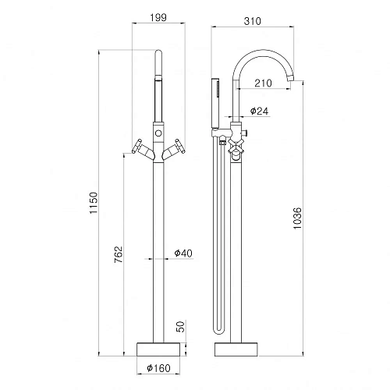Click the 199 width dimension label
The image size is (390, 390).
tap(158, 18)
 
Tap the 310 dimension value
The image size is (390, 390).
tap(252, 21)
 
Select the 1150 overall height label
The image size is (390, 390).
tap(94, 203)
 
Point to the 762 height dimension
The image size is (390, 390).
tap(119, 254)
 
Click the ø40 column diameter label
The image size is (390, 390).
tap(183, 253)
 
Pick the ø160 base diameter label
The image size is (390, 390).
tap(158, 368)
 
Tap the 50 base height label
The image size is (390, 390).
tap(180, 327)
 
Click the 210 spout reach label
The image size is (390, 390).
tap(263, 83)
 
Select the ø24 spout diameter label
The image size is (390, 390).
tap(259, 111)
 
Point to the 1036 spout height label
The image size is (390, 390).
tap(297, 218)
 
